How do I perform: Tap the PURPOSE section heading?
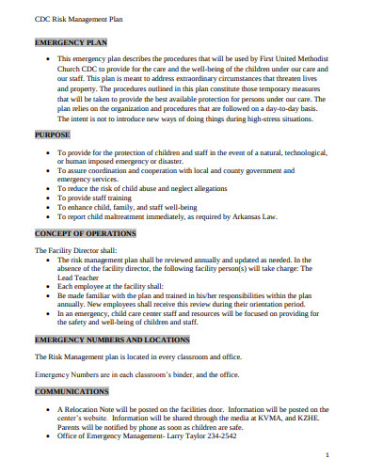point(54,135)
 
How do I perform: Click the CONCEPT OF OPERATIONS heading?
point(86,232)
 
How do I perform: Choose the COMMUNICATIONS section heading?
point(72,390)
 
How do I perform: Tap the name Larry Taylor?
point(169,436)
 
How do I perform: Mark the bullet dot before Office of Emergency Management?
point(47,436)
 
